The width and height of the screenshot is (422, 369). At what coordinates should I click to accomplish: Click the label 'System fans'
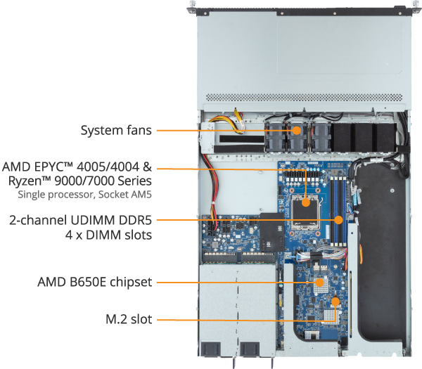[x=115, y=130]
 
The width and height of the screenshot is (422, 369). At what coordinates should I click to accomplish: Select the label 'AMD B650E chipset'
[x=95, y=283]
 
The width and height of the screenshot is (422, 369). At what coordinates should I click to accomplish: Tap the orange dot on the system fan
[x=297, y=130]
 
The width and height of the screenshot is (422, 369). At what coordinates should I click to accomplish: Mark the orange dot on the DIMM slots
[x=339, y=219]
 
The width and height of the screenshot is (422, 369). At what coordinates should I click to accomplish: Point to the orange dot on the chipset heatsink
[x=319, y=283]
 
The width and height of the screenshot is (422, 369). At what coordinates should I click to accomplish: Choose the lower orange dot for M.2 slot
[x=336, y=302]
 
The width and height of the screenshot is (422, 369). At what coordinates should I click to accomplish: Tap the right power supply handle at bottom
[x=251, y=349]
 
